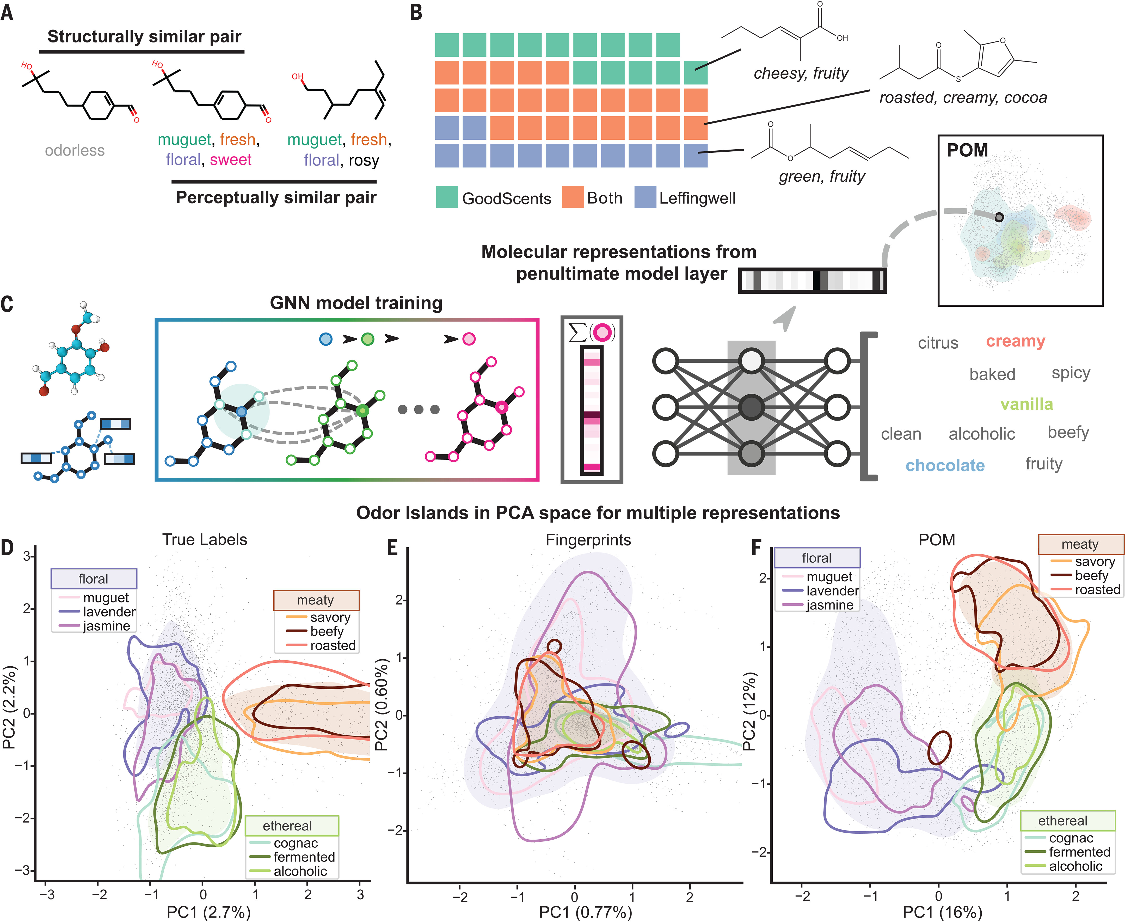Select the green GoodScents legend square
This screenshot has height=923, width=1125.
click(x=447, y=197)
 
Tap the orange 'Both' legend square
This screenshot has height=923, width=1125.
click(x=573, y=197)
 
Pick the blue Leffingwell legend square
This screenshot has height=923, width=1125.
click(x=645, y=197)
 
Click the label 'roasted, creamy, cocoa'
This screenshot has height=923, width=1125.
click(x=963, y=98)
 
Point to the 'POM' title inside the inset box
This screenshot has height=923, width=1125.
click(x=967, y=150)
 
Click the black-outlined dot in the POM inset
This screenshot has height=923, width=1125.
click(x=999, y=217)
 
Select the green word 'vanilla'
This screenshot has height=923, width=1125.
click(x=1026, y=404)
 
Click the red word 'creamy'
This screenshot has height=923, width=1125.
click(x=1016, y=341)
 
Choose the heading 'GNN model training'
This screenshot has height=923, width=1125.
click(x=356, y=303)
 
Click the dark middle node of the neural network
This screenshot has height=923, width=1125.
click(x=751, y=407)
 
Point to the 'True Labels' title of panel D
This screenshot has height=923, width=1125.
click(x=205, y=540)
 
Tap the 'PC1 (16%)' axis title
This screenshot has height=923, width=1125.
click(x=942, y=912)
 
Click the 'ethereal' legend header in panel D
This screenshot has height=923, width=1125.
click(x=287, y=826)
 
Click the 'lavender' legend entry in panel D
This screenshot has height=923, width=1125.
click(x=109, y=612)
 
